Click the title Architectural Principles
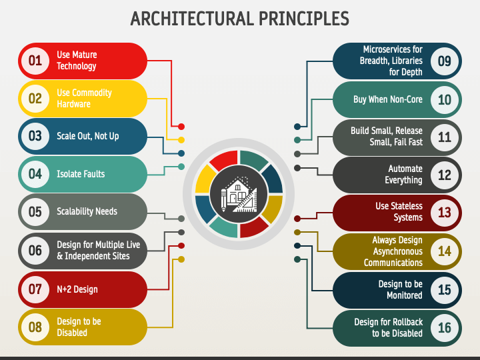(240, 18)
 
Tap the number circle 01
(35, 61)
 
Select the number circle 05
(35, 212)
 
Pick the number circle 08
(35, 327)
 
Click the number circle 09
(445, 61)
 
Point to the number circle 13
(445, 213)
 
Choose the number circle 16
(445, 327)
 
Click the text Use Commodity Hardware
(84, 98)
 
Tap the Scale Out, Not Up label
(88, 136)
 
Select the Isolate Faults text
(81, 174)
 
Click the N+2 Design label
(77, 289)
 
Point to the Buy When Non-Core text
(387, 99)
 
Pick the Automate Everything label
(405, 175)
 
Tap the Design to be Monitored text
(400, 289)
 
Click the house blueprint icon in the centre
(239, 193)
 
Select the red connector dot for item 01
(181, 126)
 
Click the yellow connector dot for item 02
(181, 139)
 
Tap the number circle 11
(445, 137)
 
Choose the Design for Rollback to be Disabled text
(388, 327)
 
